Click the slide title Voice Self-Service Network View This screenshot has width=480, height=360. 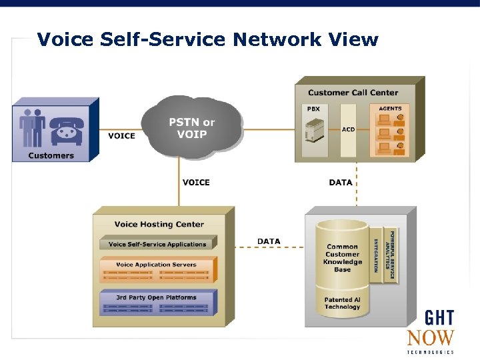(207, 40)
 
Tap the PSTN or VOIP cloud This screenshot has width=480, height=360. (191, 127)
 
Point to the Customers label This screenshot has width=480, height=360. (51, 155)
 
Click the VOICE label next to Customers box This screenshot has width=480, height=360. (121, 136)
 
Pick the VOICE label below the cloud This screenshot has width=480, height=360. (196, 183)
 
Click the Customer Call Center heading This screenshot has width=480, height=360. (353, 93)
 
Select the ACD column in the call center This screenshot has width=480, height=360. (348, 130)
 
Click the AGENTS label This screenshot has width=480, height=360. (390, 109)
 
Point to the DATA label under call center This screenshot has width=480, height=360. (340, 183)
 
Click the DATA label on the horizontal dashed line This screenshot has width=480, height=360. (269, 241)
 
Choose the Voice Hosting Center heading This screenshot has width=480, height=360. (159, 225)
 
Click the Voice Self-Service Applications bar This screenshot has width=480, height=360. (157, 244)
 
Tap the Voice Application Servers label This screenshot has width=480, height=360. (156, 265)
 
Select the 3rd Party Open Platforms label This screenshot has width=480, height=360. (156, 297)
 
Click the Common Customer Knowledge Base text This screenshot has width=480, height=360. (342, 258)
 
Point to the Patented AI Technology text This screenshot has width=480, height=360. (342, 303)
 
